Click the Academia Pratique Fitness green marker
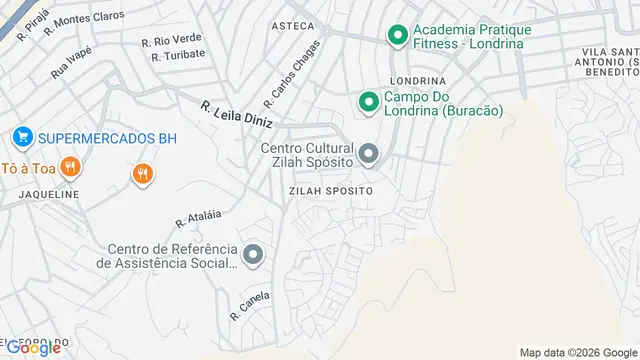point(397,37)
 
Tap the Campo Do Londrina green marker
point(368,101)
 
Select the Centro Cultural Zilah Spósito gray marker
point(369,153)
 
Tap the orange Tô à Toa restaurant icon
point(69,167)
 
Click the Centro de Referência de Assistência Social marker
point(253,255)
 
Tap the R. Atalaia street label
point(196,216)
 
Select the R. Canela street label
point(250,304)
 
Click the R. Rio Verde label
point(171,41)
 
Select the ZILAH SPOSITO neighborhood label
point(330,190)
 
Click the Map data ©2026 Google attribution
point(578,352)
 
